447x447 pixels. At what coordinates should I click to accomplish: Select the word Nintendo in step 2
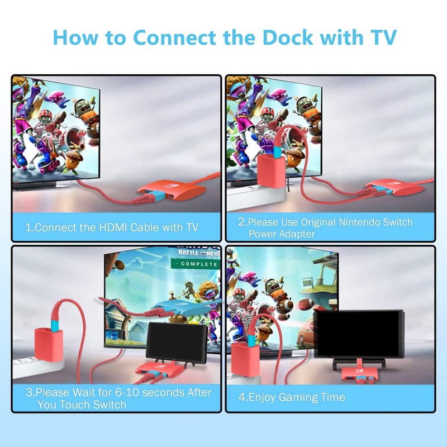(x=351, y=222)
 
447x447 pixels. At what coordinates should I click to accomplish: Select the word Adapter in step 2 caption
(x=298, y=234)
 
